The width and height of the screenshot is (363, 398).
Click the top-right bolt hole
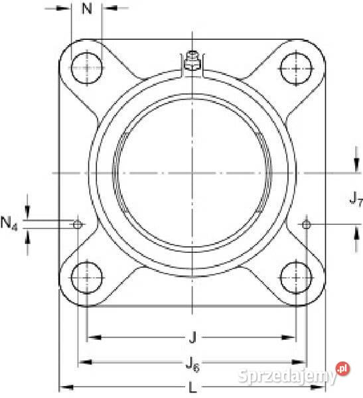tap(295, 68)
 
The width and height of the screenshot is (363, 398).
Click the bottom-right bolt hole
tap(295, 277)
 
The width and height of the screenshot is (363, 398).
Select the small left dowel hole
tap(78, 225)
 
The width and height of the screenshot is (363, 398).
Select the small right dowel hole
tap(306, 225)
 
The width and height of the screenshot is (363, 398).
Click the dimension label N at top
tap(87, 9)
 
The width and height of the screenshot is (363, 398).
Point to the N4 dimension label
tap(9, 224)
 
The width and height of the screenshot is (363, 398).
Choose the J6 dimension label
tap(192, 363)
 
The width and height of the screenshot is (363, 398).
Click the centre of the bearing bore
tap(192, 173)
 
